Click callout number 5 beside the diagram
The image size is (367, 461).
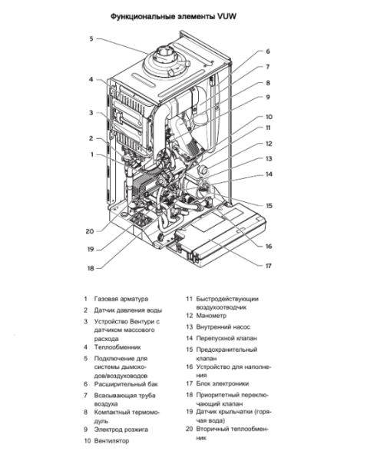click(x=90, y=38)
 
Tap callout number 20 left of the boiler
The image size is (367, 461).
click(x=90, y=230)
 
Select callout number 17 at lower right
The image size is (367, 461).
click(x=268, y=266)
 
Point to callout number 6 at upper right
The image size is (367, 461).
click(x=268, y=51)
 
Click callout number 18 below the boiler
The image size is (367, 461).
click(x=90, y=268)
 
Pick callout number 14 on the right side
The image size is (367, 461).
click(x=268, y=174)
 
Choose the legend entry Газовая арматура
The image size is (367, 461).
click(x=121, y=298)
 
